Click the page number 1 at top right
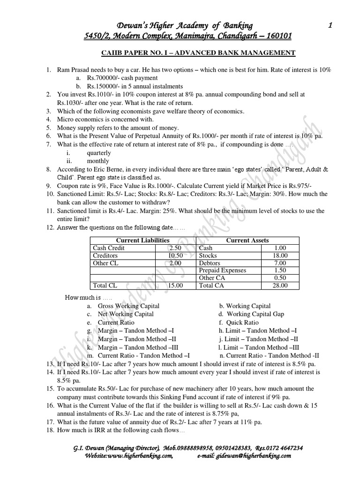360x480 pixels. (x=330, y=26)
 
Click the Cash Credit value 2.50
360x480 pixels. (x=174, y=248)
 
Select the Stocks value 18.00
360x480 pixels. (x=279, y=255)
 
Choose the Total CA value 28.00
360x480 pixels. (x=279, y=285)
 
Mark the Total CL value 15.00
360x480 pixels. (x=174, y=285)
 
